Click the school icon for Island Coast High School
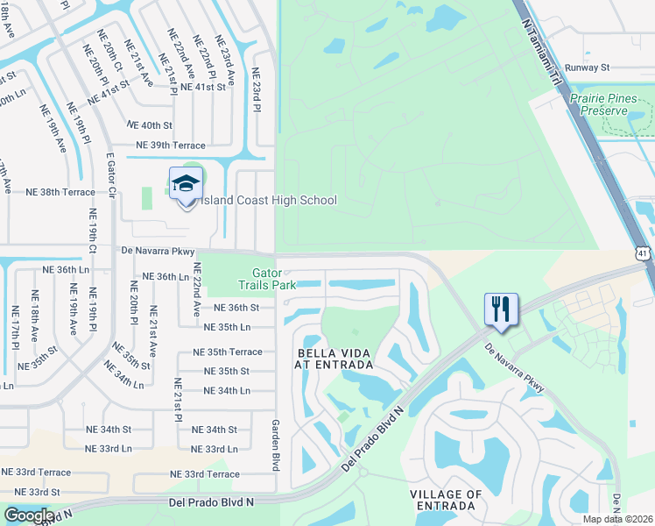tap(185, 184)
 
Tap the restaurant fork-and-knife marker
tap(501, 309)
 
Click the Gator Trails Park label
tap(267, 279)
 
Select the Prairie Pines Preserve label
tap(610, 105)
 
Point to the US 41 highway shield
tap(644, 253)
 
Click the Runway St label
tap(586, 67)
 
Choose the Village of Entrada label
tap(445, 501)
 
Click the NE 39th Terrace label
tap(170, 146)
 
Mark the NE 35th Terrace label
tap(227, 352)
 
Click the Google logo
tap(29, 515)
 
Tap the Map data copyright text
tap(618, 519)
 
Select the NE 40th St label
tap(150, 125)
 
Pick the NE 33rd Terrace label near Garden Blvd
tap(204, 474)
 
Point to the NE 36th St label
tap(236, 309)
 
